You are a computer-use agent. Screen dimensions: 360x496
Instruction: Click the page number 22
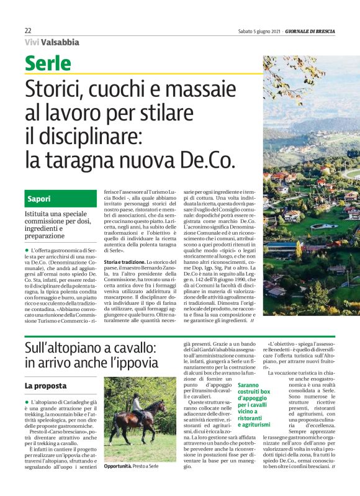28,30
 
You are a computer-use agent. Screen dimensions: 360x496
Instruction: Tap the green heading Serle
48,63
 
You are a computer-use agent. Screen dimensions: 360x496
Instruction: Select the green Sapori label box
61,199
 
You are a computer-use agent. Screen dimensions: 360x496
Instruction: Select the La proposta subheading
45,386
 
